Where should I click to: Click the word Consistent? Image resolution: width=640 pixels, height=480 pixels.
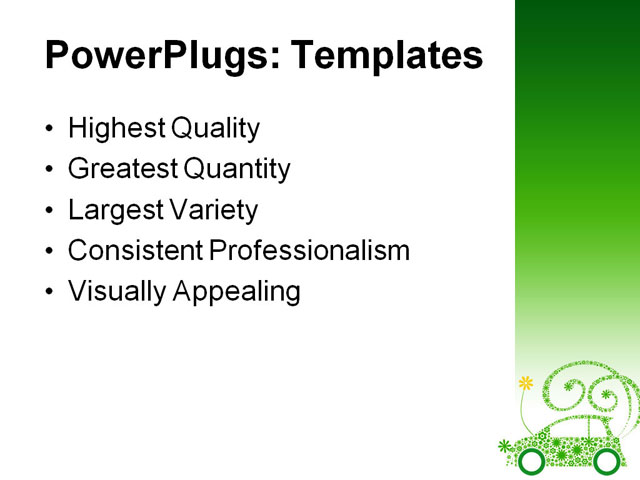[133, 251]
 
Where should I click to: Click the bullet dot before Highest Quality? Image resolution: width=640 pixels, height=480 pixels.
[51, 130]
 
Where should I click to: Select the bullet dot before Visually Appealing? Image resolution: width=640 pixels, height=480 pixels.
[51, 293]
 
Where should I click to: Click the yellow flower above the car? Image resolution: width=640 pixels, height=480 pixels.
[526, 383]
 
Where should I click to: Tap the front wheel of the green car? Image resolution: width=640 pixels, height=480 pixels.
[532, 461]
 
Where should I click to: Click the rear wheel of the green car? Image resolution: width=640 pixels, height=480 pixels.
[606, 461]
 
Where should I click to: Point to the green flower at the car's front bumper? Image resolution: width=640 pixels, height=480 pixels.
[504, 446]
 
